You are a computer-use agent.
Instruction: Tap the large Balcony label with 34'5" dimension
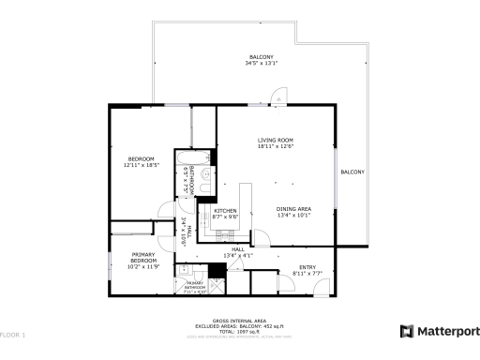coord(262,60)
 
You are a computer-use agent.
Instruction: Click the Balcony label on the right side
coord(352,172)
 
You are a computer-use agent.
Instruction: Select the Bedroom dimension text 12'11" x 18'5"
coord(142,166)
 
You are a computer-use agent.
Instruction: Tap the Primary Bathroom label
coord(195,285)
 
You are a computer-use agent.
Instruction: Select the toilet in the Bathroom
coord(206,172)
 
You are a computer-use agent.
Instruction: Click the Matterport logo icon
coord(406,331)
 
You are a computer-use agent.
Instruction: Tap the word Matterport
coord(447,331)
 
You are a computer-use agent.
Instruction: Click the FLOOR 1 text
coord(13,335)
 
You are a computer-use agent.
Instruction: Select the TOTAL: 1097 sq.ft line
coord(240,331)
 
